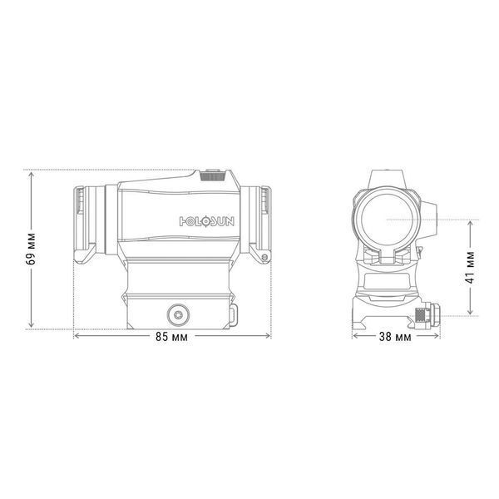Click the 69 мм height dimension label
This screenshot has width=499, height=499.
pyautogui.click(x=32, y=249)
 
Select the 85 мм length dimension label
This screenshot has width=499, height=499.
pyautogui.click(x=171, y=336)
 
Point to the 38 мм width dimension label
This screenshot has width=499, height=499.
pyautogui.click(x=395, y=336)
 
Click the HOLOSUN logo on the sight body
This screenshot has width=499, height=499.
pyautogui.click(x=207, y=221)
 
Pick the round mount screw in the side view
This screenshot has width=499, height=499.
pyautogui.click(x=178, y=314)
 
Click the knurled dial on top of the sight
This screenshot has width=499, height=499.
pyautogui.click(x=213, y=175)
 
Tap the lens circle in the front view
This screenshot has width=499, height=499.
pyautogui.click(x=387, y=220)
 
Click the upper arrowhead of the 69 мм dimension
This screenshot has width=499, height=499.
pyautogui.click(x=32, y=175)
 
